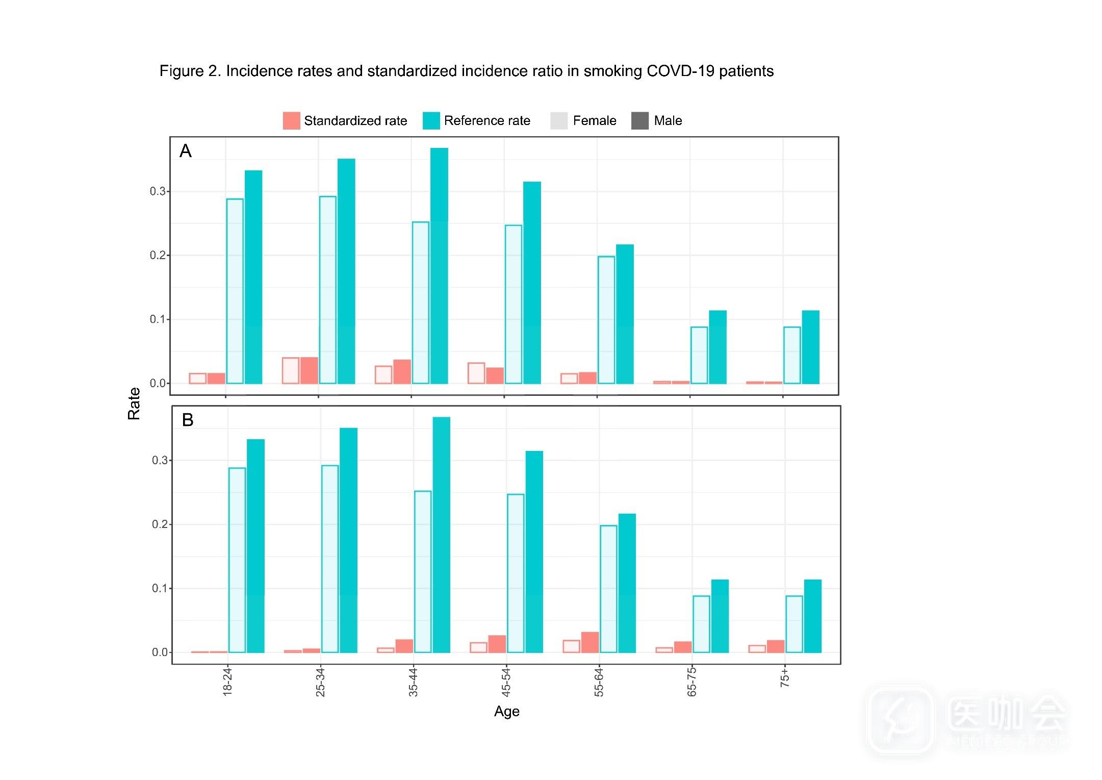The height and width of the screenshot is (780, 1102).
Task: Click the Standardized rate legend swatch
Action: click(291, 120)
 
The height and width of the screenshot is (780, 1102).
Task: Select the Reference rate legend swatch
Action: click(431, 120)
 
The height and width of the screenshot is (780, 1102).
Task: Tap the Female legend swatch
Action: click(559, 120)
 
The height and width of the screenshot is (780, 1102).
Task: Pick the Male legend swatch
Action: click(640, 120)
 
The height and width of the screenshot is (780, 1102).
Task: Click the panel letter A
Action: click(186, 151)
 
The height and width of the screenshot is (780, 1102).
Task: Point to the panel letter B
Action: click(188, 420)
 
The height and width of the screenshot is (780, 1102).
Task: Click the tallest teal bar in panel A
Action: click(439, 265)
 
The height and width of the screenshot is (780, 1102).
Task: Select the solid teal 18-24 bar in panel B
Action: click(255, 546)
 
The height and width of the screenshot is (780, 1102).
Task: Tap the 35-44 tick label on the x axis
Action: click(413, 682)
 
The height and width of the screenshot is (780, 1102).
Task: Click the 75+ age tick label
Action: click(785, 678)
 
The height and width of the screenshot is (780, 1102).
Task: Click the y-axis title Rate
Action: click(134, 404)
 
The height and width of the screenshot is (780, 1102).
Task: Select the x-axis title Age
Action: click(506, 712)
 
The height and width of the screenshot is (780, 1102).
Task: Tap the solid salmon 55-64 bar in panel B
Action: click(590, 642)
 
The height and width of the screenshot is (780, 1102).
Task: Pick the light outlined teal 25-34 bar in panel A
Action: click(328, 290)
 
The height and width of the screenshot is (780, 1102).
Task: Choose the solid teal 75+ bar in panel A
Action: click(810, 347)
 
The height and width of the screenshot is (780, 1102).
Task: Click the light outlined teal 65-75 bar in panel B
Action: click(701, 624)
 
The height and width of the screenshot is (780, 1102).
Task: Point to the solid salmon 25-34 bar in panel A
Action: click(309, 370)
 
